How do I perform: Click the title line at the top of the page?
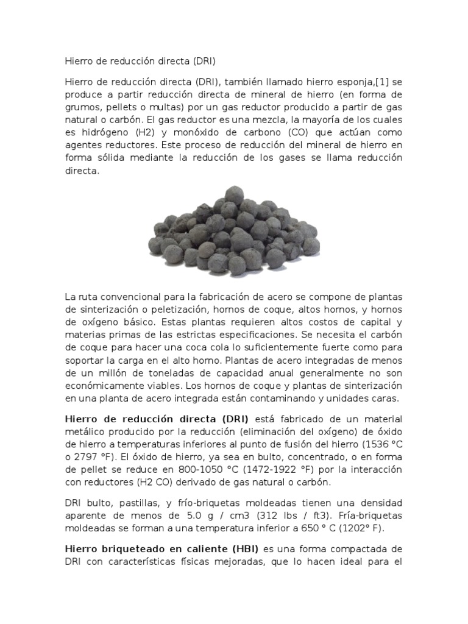point(140,62)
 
